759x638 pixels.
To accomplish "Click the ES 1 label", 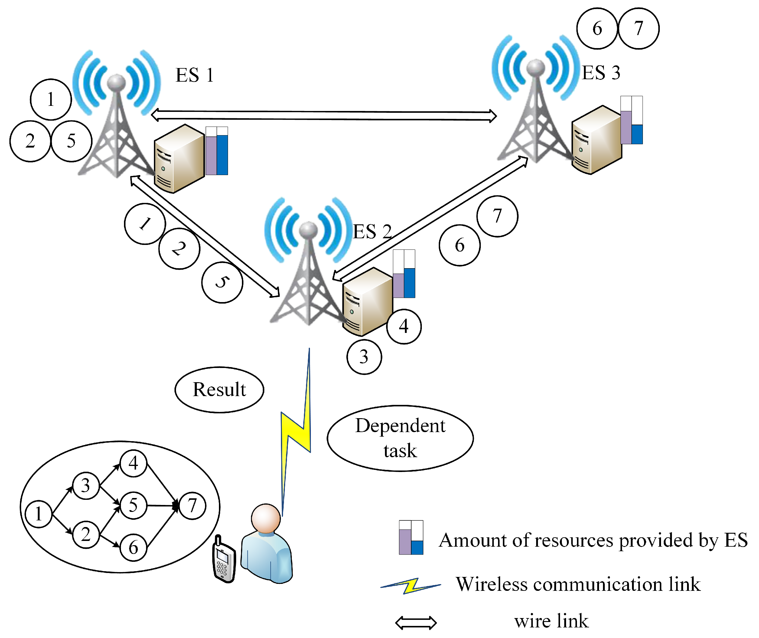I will click(194, 75).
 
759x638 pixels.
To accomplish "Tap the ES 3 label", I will click(601, 72).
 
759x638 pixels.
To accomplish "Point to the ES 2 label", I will click(372, 232).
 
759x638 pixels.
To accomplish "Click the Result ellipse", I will click(219, 389).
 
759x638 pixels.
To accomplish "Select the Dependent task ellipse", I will click(400, 438).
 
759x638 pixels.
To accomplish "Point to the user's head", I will click(266, 518).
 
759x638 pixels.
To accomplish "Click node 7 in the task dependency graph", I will click(192, 506).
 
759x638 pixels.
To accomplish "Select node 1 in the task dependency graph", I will click(39, 514).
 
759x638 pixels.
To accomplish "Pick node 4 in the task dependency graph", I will click(133, 463).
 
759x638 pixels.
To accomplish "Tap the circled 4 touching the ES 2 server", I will click(404, 327).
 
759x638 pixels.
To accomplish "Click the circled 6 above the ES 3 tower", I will click(597, 28).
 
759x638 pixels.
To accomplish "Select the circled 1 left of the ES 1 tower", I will click(50, 99).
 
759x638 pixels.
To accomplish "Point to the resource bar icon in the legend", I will click(411, 537).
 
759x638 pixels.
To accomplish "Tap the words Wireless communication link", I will click(578, 584).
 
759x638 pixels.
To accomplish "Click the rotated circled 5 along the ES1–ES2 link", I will click(222, 282).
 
